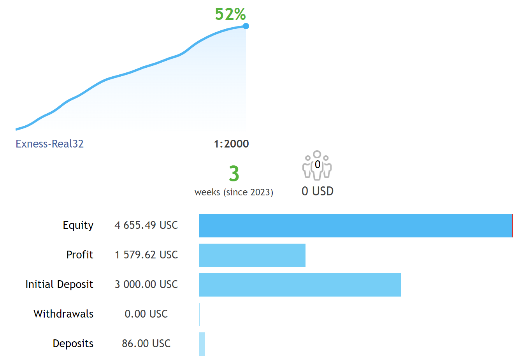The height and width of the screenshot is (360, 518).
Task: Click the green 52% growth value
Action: [230, 14]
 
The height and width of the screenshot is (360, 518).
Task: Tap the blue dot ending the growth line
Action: [246, 26]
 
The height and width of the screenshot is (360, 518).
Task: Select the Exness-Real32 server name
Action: [49, 144]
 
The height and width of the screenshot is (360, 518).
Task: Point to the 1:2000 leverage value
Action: [231, 144]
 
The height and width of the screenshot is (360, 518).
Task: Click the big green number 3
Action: [234, 174]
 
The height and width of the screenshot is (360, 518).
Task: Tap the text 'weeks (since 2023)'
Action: [234, 192]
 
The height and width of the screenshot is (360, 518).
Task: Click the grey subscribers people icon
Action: [317, 165]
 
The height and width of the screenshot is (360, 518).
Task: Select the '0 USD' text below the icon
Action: [318, 191]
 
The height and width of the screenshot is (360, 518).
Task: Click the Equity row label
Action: [78, 225]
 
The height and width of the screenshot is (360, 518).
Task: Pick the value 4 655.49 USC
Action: [146, 225]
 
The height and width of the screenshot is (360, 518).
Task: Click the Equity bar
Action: [356, 226]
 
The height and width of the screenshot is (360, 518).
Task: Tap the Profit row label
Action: [80, 255]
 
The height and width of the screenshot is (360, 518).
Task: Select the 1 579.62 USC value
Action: [146, 255]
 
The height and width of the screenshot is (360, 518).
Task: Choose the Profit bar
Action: [252, 255]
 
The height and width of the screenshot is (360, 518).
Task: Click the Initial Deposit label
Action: [59, 284]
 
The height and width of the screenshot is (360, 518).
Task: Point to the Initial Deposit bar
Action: [300, 285]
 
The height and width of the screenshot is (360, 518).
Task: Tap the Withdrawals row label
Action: [63, 314]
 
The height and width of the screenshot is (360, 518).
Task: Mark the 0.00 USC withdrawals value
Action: [146, 314]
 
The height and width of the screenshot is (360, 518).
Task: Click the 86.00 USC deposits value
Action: [146, 344]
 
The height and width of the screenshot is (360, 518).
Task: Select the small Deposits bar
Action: [202, 344]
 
